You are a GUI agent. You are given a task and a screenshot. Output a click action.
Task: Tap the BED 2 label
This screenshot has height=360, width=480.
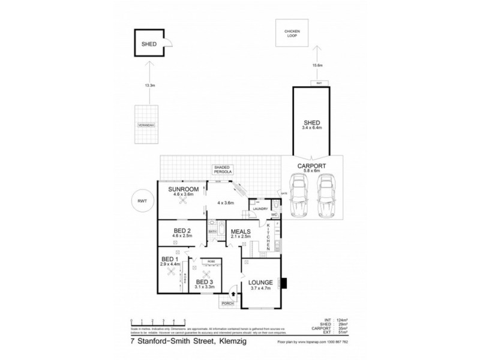(182, 231)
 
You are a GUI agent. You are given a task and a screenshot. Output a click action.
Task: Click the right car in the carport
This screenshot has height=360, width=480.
(326, 197)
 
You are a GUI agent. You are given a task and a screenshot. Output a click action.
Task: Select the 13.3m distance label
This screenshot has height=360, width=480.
(149, 86)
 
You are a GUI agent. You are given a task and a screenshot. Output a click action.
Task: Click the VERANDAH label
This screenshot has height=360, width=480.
(146, 125)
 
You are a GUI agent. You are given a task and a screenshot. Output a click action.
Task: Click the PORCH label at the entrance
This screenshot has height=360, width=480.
(227, 304)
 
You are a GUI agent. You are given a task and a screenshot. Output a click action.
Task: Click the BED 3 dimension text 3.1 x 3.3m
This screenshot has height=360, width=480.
(205, 287)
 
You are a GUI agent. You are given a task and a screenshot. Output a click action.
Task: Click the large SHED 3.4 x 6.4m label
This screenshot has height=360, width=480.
(311, 125)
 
